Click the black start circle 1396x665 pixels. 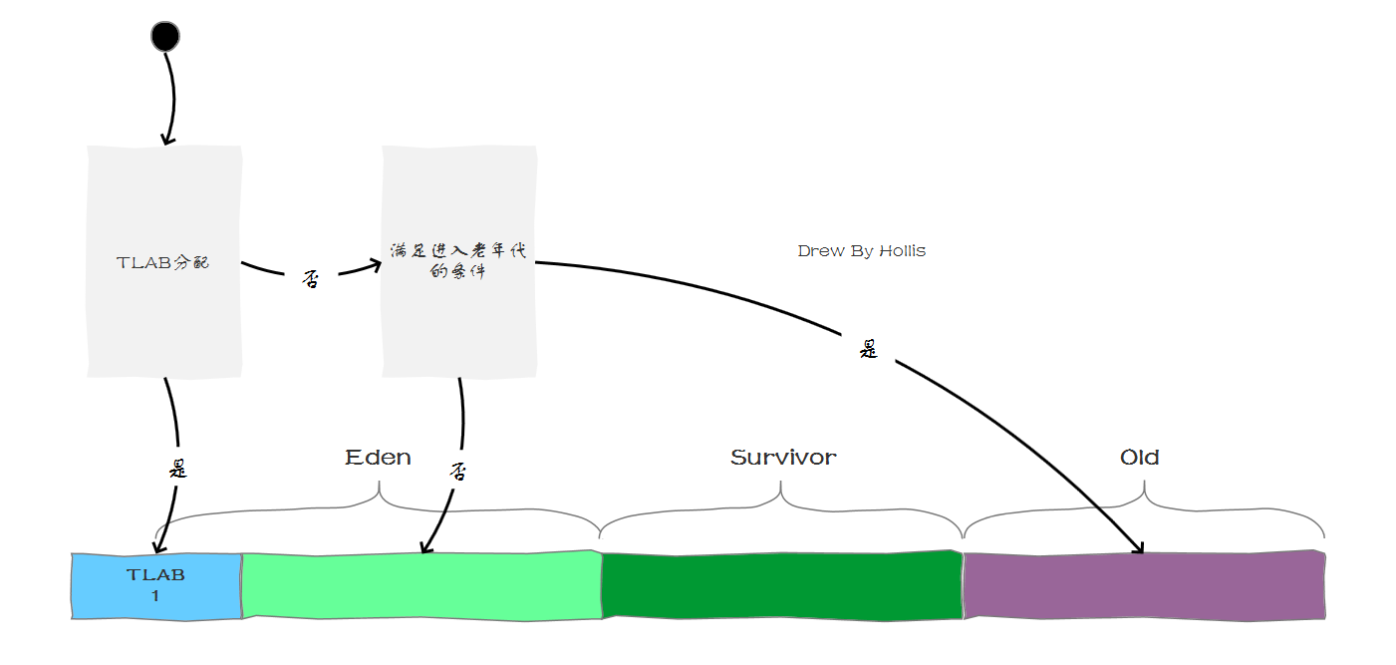click(164, 37)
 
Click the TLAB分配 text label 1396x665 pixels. click(162, 263)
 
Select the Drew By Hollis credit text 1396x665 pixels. click(861, 251)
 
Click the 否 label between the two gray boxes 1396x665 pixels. click(311, 280)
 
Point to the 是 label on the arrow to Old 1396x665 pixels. click(869, 349)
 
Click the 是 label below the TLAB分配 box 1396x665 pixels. click(177, 468)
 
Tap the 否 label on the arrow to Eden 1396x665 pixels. click(458, 470)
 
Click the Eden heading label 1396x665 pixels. click(378, 458)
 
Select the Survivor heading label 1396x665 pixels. click(783, 458)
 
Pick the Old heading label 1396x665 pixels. click(1139, 458)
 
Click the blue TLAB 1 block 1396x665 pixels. click(156, 586)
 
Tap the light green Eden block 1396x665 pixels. click(421, 586)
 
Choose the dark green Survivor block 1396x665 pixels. click(782, 585)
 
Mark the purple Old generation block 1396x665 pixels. click(1144, 585)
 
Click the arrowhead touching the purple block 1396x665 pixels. click(1140, 549)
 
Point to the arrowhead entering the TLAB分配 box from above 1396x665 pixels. click(167, 141)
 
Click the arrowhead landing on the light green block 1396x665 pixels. click(425, 547)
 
